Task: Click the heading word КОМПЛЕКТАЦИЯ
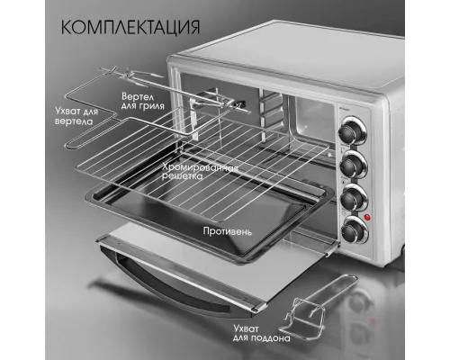131,26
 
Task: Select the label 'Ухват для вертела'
62,113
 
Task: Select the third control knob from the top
352,196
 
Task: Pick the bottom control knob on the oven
352,230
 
